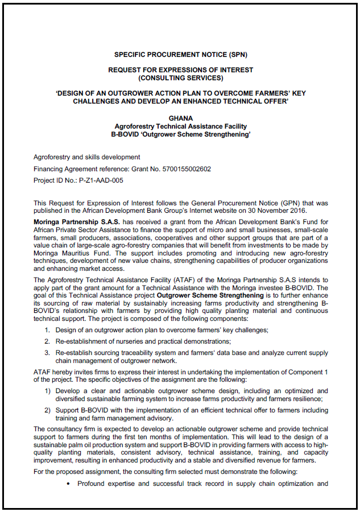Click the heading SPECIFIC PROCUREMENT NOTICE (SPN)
(180, 55)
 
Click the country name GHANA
(180, 118)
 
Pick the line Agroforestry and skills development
(86, 157)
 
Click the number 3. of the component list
(47, 353)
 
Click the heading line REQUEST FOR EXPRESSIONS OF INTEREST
(180, 69)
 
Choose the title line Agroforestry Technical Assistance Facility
(180, 126)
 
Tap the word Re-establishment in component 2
(82, 341)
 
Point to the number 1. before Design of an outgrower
(47, 330)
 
